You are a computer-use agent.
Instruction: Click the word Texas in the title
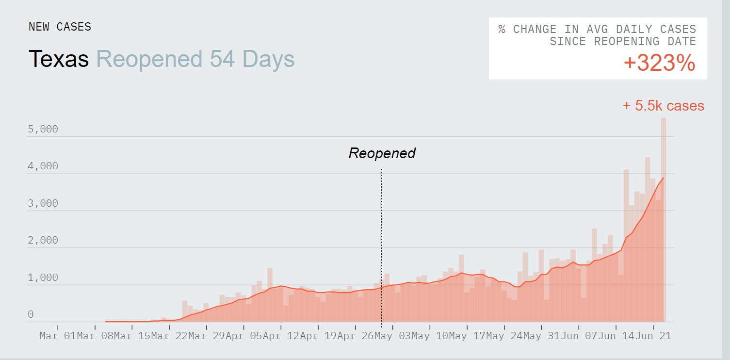(59, 59)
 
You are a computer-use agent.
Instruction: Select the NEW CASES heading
(60, 27)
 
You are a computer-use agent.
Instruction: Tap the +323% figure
(659, 64)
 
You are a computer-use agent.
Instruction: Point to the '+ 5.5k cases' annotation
(663, 106)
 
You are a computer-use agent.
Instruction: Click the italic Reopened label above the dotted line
(382, 153)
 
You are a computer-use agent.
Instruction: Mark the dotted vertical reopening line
(382, 243)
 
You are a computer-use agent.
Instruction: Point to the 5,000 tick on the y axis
(43, 129)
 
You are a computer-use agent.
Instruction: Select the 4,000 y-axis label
(43, 166)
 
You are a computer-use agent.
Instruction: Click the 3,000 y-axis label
(43, 203)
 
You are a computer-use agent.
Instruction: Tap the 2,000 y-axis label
(43, 241)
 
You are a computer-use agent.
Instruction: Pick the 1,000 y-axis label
(43, 278)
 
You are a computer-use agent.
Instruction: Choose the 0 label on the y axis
(31, 315)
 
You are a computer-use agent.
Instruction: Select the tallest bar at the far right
(663, 218)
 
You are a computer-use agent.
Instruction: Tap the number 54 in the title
(222, 59)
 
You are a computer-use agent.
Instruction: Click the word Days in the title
(268, 59)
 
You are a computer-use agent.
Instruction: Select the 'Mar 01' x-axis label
(57, 336)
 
